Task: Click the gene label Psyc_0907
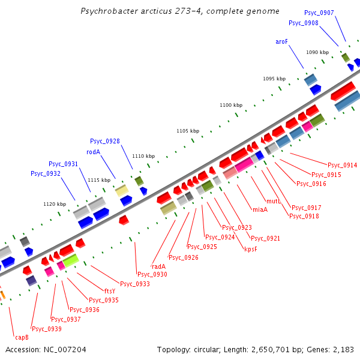pos(319,13)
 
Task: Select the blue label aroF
pos(282,41)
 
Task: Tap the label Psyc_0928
pos(105,141)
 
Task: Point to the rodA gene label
pos(93,152)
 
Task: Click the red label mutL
pos(274,202)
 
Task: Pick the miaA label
pos(260,209)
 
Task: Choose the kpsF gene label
pos(250,249)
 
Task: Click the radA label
pos(158,266)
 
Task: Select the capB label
pos(22,337)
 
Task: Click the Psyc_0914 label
pos(343,165)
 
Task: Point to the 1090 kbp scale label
pos(317,52)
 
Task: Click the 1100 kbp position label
pos(231,105)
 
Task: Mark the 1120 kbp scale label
pos(55,204)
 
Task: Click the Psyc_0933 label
pos(135,284)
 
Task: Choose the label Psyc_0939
pos(47,328)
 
